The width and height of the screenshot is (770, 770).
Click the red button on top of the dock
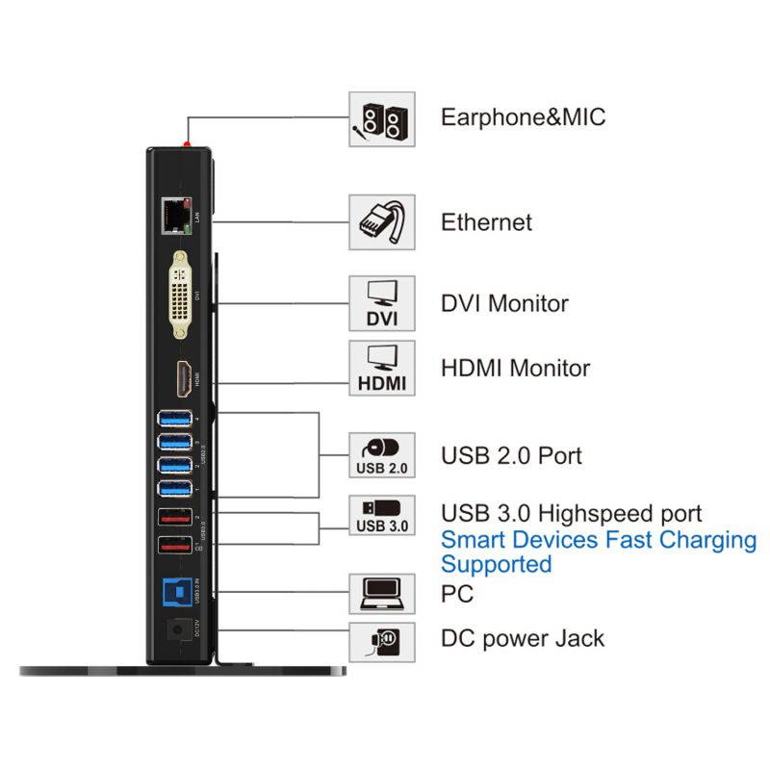(189, 143)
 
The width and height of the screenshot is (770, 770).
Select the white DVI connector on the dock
(180, 295)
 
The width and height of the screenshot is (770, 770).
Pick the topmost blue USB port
(174, 420)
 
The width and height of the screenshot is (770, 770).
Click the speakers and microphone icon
(382, 118)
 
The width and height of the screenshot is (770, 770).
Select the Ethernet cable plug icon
(382, 222)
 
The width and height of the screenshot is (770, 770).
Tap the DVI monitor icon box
(382, 303)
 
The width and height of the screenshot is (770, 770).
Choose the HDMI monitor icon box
(382, 368)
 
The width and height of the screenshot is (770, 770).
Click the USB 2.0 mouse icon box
(382, 455)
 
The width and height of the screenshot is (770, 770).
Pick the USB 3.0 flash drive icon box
(382, 515)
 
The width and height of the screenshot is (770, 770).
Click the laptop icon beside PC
(382, 594)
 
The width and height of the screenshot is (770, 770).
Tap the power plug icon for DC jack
(382, 639)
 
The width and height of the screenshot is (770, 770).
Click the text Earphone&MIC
(523, 117)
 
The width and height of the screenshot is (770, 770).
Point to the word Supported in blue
(497, 564)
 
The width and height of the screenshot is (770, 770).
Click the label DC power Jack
(523, 637)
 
